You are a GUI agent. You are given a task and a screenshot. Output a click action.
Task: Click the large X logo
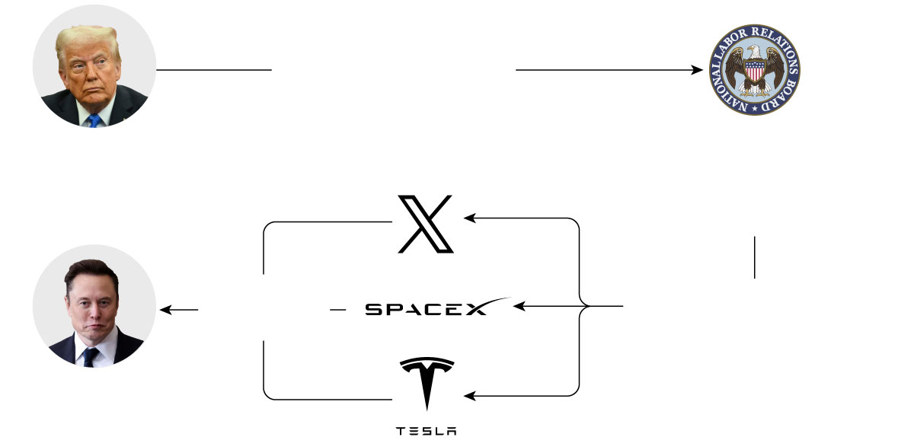click(x=426, y=224)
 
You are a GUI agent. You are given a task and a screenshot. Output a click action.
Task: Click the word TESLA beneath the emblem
click(x=427, y=431)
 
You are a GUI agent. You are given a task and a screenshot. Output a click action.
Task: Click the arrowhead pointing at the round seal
click(x=697, y=70)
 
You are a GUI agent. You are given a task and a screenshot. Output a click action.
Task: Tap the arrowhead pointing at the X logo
click(x=469, y=218)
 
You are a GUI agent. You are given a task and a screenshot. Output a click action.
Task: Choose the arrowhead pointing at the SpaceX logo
click(x=519, y=307)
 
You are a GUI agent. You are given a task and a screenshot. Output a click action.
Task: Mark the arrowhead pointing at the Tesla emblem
click(x=469, y=396)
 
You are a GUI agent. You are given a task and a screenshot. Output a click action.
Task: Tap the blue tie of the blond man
click(x=93, y=120)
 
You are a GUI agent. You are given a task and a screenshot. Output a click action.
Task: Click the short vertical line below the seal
click(x=754, y=257)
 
